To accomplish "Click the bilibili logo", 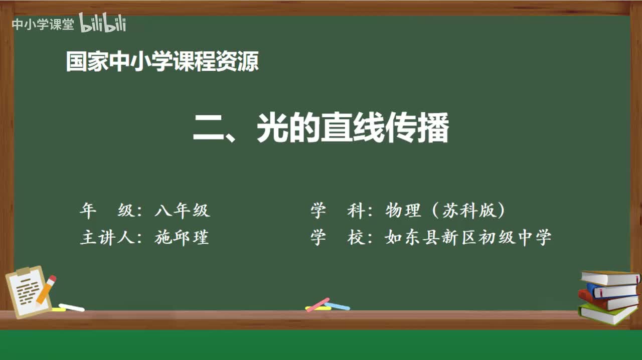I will point(102,23).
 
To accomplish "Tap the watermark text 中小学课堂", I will point(43,25).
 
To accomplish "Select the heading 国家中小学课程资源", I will point(163,62).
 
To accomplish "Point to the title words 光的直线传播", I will point(353,128).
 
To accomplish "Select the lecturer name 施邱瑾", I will point(182,237).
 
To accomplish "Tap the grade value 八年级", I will point(182,211).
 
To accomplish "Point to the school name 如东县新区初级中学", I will point(468,237).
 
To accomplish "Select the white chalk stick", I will point(71,307).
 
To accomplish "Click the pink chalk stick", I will point(318,304).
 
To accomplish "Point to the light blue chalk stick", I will point(337,306).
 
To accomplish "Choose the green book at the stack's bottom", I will point(608,313).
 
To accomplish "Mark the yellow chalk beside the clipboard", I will point(58,310).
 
